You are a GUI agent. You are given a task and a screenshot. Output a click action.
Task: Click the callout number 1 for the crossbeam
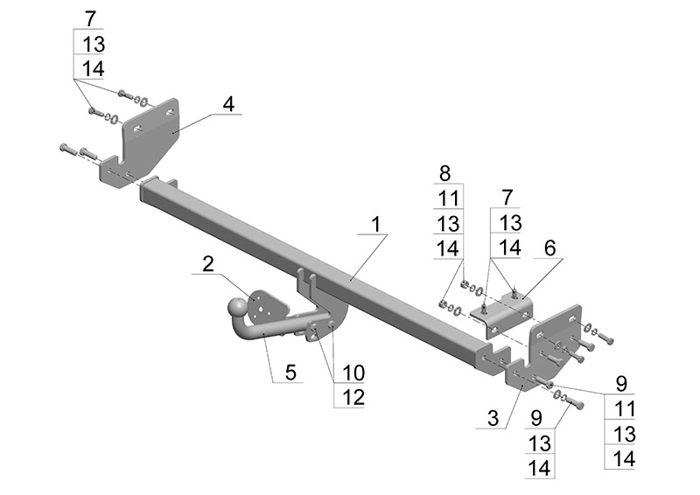tap(375, 224)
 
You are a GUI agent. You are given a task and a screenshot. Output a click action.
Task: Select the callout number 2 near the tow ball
tap(207, 263)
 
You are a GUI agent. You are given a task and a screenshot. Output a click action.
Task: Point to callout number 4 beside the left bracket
tap(227, 103)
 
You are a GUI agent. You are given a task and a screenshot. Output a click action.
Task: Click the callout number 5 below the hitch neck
tap(289, 372)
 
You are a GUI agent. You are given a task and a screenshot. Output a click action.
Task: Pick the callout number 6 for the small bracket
tap(549, 248)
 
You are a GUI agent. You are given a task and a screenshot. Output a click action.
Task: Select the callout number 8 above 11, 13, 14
tap(446, 172)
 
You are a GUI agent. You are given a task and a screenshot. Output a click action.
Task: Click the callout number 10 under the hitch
tap(352, 372)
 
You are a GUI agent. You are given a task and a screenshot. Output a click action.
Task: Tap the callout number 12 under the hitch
tap(352, 396)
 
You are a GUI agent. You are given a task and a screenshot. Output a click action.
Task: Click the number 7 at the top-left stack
tap(92, 18)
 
